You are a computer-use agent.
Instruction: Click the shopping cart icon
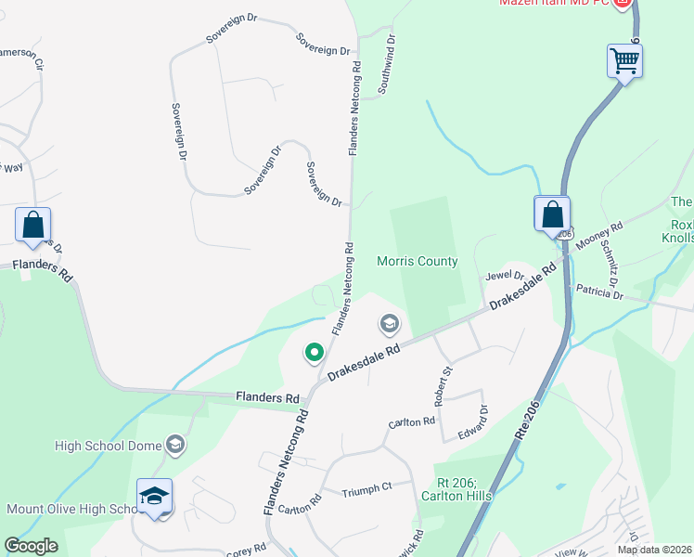(x=625, y=61)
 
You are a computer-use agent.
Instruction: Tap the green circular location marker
(x=315, y=352)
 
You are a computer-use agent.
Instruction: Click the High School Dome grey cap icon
(x=174, y=445)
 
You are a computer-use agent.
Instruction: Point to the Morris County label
(x=417, y=261)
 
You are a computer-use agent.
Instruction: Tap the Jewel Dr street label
(x=506, y=276)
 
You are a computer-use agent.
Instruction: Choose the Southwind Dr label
(x=386, y=66)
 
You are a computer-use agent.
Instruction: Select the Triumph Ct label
(x=366, y=486)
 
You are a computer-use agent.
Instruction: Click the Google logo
(x=31, y=546)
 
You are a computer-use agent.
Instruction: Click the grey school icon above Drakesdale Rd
(x=389, y=324)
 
